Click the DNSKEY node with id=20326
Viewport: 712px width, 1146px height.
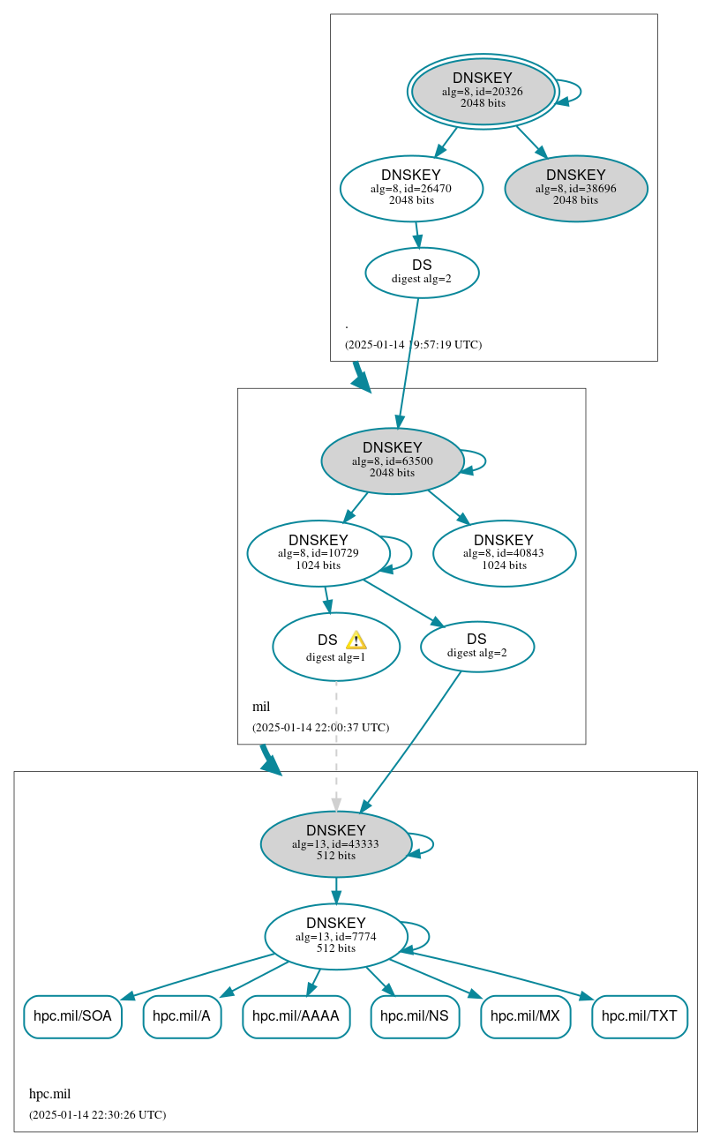point(483,91)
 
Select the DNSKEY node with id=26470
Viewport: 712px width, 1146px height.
point(411,188)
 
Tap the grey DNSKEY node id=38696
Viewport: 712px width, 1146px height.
point(576,188)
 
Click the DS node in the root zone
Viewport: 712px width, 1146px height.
point(422,273)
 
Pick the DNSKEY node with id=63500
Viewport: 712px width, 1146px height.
point(393,461)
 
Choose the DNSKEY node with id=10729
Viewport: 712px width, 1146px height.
point(319,553)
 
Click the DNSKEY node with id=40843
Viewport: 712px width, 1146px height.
point(504,553)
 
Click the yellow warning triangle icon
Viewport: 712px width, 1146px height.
point(356,640)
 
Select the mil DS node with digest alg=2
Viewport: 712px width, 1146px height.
point(477,647)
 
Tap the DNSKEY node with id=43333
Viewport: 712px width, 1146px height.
point(336,843)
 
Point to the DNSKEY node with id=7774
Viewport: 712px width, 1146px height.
point(336,936)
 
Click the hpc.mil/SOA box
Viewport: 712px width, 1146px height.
point(72,1016)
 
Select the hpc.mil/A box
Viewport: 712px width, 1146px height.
point(182,1016)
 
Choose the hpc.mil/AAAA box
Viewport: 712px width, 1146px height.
point(296,1016)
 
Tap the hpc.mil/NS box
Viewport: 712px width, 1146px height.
point(415,1016)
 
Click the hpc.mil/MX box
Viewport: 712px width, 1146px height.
point(525,1016)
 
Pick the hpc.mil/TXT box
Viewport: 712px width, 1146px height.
point(639,1016)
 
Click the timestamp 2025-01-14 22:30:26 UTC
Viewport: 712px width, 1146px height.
point(97,1115)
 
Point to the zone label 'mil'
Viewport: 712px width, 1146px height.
point(261,707)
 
